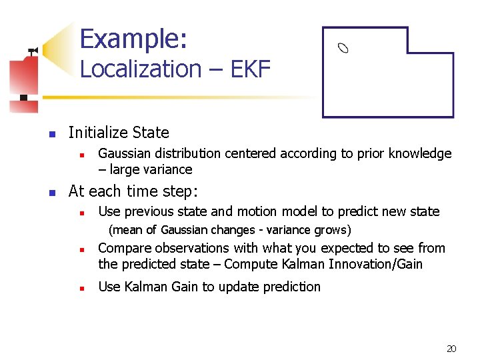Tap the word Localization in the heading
141,69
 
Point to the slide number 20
451,349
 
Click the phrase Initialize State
119,133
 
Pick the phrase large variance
151,169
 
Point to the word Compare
125,249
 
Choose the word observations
189,249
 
